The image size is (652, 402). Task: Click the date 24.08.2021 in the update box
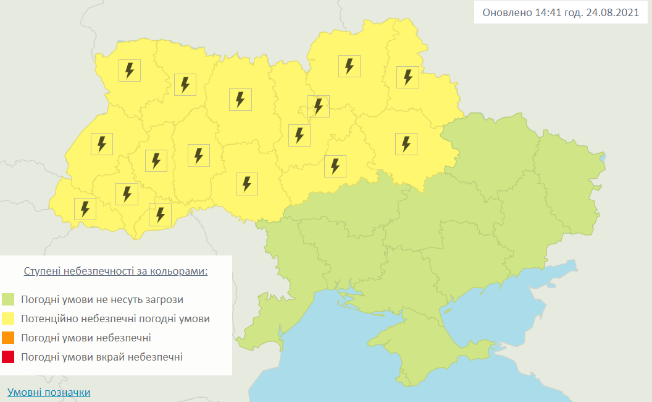tap(612, 12)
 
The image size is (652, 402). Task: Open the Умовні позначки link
tap(49, 392)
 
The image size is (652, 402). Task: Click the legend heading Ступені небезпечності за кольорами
tap(115, 272)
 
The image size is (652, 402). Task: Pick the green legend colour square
tap(8, 300)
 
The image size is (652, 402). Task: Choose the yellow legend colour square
tap(8, 319)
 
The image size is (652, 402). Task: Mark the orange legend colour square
tap(8, 338)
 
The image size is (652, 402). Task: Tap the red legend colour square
tap(8, 357)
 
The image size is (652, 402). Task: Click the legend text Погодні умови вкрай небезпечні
tap(102, 357)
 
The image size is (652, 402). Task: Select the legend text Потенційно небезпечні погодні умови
tap(115, 319)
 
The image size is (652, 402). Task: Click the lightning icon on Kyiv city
tap(318, 106)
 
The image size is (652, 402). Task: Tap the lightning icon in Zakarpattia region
tap(85, 208)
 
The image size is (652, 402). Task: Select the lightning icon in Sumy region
tap(407, 77)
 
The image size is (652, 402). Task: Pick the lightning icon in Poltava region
tap(406, 143)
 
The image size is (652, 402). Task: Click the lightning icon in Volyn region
tap(130, 71)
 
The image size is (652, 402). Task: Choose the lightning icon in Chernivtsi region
tap(160, 215)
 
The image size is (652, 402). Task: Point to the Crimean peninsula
tap(426, 349)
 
